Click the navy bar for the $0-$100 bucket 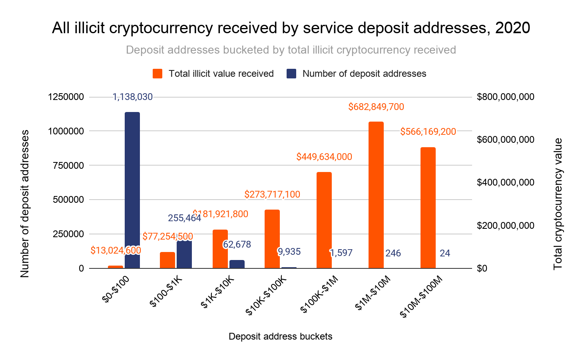point(132,190)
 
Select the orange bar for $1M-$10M point(376,195)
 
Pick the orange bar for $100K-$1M point(324,220)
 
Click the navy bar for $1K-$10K point(237,264)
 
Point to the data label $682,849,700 point(376,107)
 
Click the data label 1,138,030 point(132,97)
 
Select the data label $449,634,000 point(324,157)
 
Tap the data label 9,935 point(289,252)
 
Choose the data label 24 point(445,253)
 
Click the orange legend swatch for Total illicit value point(157,74)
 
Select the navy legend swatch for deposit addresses point(291,74)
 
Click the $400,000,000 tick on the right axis point(505,182)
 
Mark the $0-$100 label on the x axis point(116,289)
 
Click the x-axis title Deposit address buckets point(280,336)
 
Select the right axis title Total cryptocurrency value point(558,204)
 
